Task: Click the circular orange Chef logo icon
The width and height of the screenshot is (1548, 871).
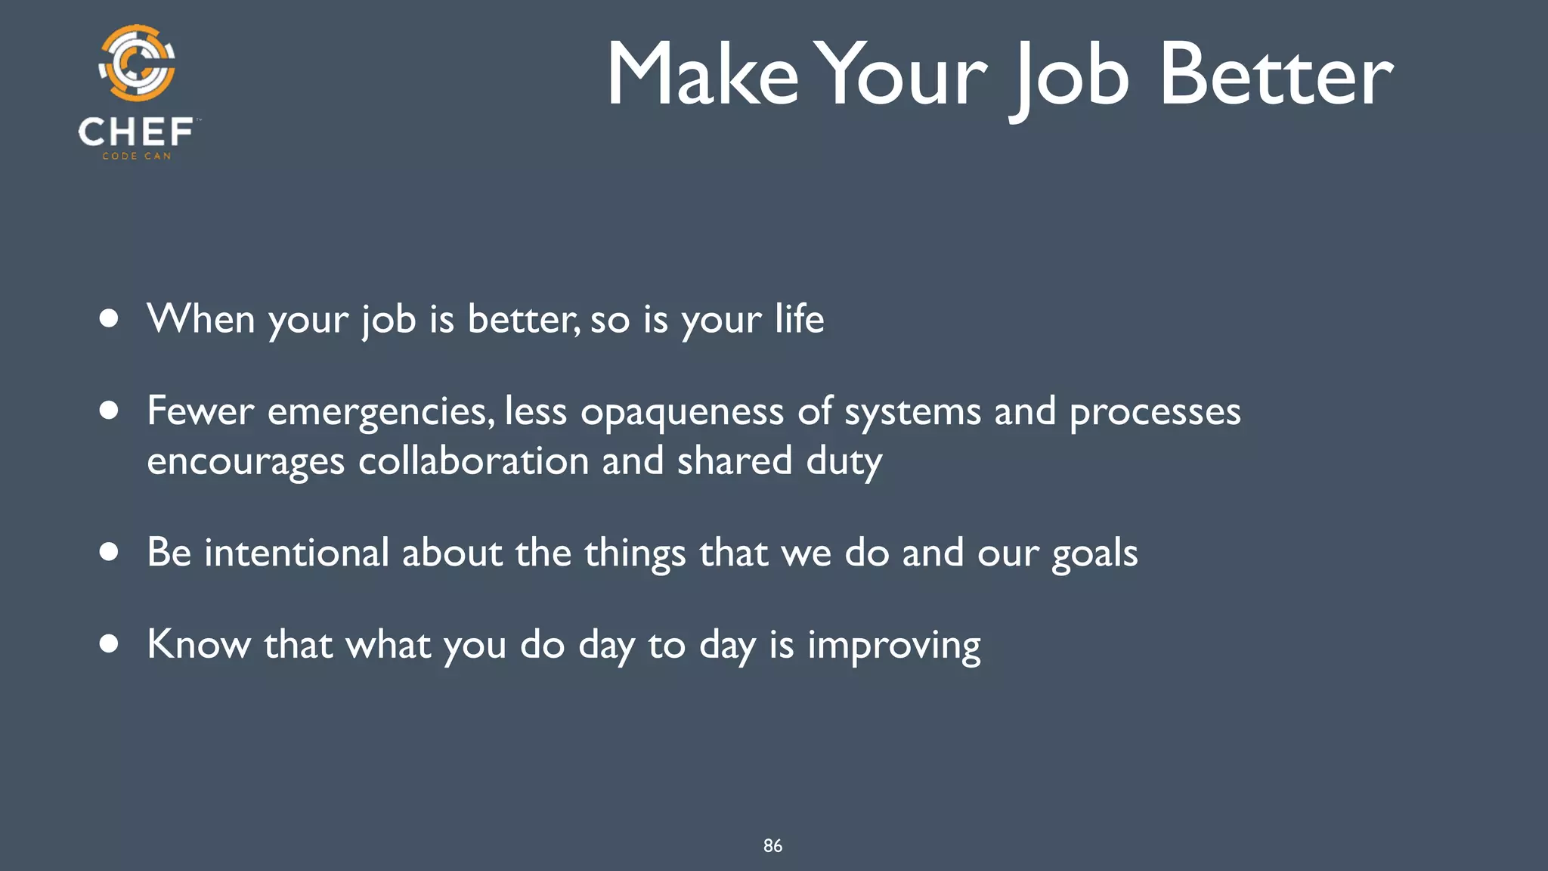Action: pos(137,64)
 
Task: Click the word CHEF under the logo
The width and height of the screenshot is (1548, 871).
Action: pos(136,132)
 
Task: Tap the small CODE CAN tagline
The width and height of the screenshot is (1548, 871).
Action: pos(137,156)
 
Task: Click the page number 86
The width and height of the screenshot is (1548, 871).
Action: pos(772,846)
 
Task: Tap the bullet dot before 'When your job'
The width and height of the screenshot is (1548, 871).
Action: pos(109,318)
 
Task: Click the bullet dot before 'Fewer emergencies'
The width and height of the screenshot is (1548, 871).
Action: pos(109,411)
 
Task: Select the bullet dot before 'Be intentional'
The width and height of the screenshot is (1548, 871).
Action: pos(109,552)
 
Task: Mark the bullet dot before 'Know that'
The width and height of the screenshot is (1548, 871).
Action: pos(109,644)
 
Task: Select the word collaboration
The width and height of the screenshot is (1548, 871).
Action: pos(473,460)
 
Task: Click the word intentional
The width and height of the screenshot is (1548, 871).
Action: pos(296,552)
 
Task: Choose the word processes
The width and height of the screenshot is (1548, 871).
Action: pos(1155,413)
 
